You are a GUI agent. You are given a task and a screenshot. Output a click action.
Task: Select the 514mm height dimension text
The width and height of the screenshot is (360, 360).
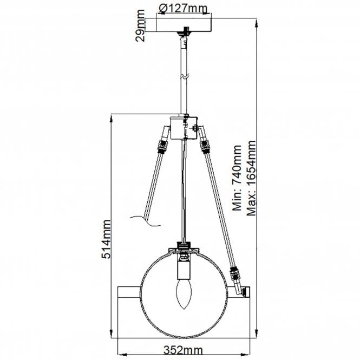(107, 238)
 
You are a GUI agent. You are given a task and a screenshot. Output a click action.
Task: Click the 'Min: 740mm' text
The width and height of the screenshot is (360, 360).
(237, 178)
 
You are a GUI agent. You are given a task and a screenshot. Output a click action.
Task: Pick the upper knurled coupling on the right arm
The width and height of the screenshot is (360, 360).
(205, 145)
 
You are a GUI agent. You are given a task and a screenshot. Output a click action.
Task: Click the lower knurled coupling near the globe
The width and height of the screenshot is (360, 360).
(235, 276)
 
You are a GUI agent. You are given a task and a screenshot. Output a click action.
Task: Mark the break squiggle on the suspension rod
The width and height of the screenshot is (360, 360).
(186, 77)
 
